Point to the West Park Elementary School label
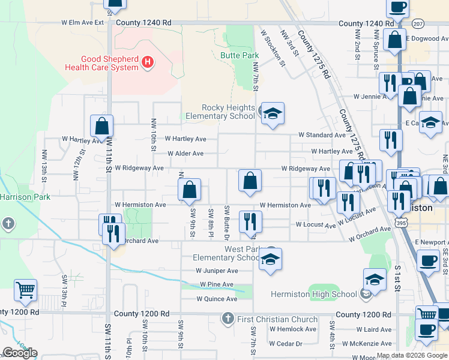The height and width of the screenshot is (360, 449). pos(243,253)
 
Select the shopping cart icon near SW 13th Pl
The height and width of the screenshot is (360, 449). pos(25,291)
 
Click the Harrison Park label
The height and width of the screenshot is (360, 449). pos(21,197)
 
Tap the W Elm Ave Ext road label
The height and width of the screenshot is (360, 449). pos(83,23)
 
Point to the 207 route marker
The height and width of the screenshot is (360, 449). pos(418,23)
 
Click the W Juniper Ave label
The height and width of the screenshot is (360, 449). pos(217,271)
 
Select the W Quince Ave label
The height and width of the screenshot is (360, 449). pos(217,299)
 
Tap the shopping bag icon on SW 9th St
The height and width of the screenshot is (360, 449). pos(190,190)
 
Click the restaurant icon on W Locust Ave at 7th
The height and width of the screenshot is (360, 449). pos(250,221)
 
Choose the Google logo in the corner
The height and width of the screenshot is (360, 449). pos(20,353)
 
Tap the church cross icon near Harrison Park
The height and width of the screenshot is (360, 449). pos(8,224)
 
